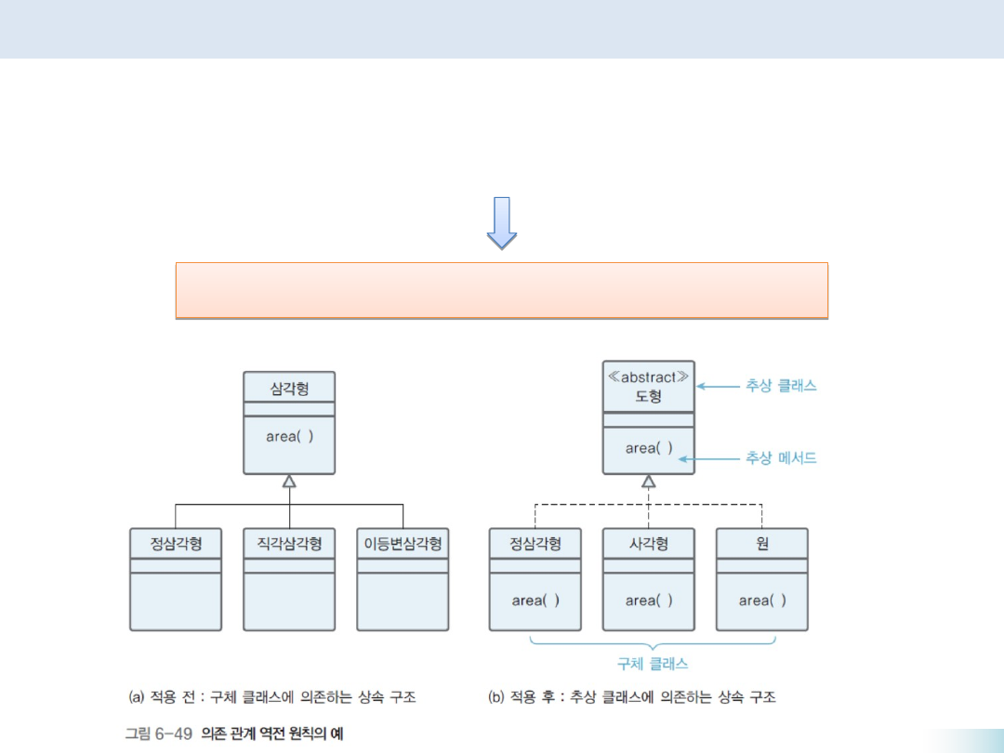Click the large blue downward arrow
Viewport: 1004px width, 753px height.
(x=502, y=222)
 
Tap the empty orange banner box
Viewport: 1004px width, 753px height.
(x=501, y=290)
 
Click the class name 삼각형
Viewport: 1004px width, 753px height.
(x=289, y=389)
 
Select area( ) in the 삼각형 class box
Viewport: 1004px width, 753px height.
(x=289, y=436)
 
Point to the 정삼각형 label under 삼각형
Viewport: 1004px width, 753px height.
(x=176, y=544)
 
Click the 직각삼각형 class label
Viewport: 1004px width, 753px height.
(x=289, y=544)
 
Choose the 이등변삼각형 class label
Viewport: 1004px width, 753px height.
(x=403, y=544)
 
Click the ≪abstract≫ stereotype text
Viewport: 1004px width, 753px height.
(x=648, y=377)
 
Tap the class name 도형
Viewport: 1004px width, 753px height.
(x=648, y=396)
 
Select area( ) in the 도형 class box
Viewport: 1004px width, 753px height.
(x=648, y=448)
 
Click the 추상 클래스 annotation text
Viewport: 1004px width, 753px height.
(x=781, y=386)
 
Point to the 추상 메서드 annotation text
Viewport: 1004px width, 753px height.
(x=781, y=457)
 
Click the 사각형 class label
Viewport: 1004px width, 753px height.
(x=648, y=544)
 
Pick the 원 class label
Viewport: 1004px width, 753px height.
(x=762, y=544)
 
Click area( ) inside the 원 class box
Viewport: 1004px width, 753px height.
(x=762, y=601)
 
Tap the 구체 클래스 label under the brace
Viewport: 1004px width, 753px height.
(x=653, y=664)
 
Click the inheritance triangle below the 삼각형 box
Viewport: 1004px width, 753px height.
(x=289, y=481)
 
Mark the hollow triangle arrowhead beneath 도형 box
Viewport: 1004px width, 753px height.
(x=648, y=481)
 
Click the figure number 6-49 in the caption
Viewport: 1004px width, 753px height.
(x=173, y=733)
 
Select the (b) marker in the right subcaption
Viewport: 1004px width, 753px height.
(x=496, y=696)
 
